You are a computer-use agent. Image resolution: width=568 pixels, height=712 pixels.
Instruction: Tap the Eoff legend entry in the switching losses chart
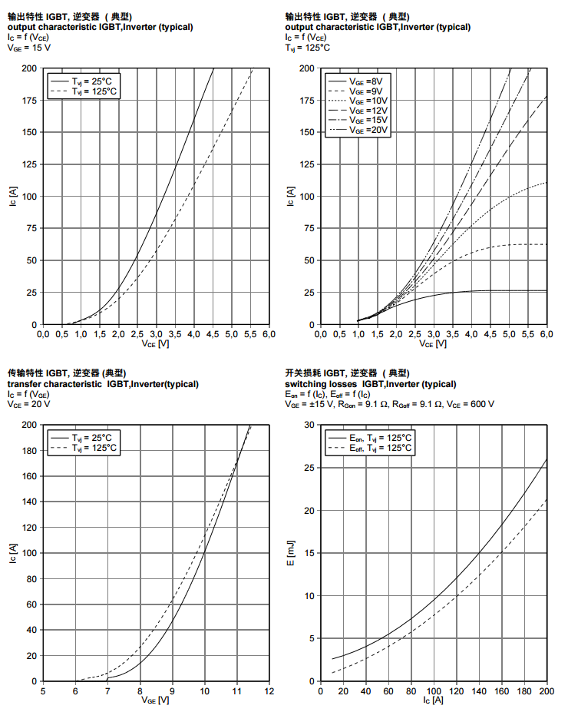[x=381, y=448]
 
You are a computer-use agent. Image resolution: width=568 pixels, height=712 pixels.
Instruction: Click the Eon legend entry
[x=381, y=438]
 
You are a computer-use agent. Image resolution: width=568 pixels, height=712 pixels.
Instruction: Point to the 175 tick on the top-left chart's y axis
[x=28, y=100]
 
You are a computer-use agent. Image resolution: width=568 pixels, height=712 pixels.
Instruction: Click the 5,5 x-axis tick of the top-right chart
[x=527, y=334]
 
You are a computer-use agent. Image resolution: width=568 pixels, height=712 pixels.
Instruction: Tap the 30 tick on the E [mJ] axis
[x=309, y=425]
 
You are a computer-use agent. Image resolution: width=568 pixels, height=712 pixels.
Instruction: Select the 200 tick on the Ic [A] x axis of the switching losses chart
[x=547, y=691]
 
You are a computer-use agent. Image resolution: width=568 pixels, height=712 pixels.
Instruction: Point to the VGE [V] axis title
[x=155, y=700]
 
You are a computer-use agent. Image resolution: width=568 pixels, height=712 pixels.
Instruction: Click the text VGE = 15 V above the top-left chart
[x=29, y=48]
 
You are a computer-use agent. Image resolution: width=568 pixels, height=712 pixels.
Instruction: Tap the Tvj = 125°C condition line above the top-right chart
[x=308, y=48]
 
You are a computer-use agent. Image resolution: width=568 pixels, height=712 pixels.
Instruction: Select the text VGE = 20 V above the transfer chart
[x=29, y=404]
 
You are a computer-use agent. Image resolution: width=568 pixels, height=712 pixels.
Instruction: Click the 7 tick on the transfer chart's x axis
[x=107, y=691]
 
